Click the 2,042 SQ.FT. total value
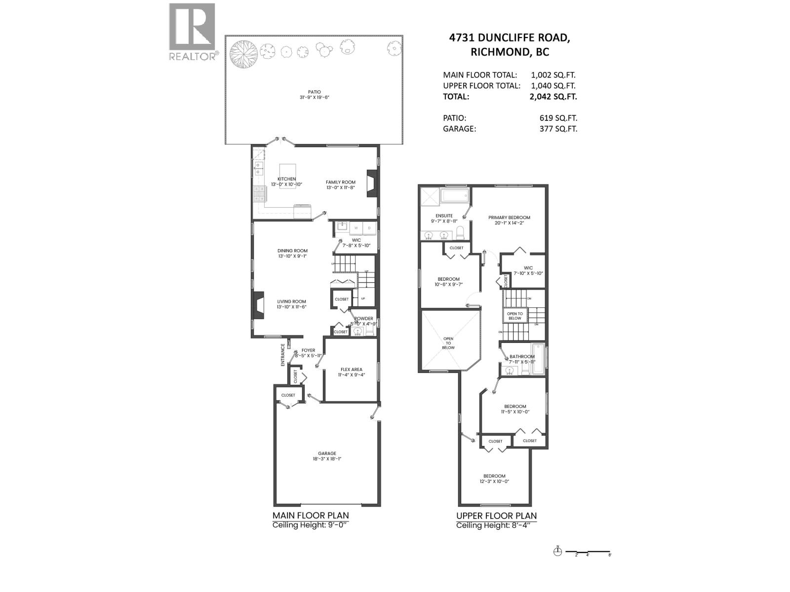tap(553, 97)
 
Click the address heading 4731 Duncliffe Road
tap(509, 38)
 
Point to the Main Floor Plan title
tap(311, 516)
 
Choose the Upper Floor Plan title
tap(496, 516)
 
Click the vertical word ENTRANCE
tap(283, 355)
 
